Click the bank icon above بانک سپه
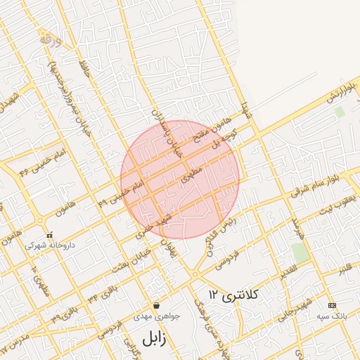click(x=332, y=306)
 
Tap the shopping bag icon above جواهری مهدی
click(x=155, y=306)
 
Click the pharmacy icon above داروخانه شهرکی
click(x=49, y=235)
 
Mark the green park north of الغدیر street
click(x=300, y=253)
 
